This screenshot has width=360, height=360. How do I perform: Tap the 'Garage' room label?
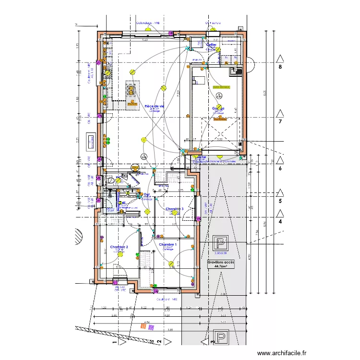(218, 108)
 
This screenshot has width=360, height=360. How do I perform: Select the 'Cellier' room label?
(211, 45)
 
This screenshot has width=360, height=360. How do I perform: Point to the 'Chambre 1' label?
(168, 244)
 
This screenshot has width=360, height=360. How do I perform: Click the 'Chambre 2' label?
(119, 247)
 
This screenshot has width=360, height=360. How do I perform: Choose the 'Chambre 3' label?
(174, 209)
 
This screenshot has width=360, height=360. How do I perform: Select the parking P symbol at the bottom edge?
(220, 338)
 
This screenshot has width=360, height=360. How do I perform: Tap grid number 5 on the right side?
(280, 201)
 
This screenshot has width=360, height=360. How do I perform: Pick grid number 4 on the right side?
(280, 221)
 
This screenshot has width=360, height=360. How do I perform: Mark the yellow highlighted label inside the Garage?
(221, 87)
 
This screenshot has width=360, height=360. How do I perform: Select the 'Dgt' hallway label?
(147, 194)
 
